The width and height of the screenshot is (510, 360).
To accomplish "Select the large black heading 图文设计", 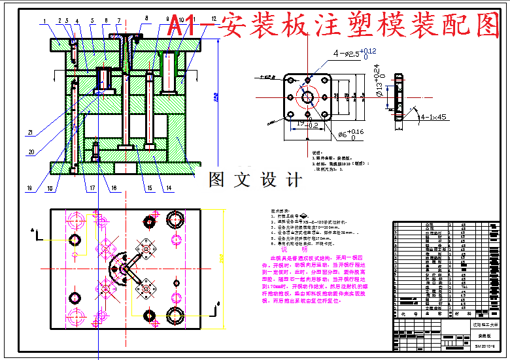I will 255,180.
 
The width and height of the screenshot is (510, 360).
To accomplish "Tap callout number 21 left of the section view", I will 30,133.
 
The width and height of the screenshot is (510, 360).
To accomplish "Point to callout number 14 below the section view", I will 169,189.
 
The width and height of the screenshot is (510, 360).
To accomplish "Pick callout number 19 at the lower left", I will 29,188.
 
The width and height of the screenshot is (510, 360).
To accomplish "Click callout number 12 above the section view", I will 213,19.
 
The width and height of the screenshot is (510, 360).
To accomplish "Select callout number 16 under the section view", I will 115,189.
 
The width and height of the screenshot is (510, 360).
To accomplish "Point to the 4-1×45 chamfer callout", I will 433,118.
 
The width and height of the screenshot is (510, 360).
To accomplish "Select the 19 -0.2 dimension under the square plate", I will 307,123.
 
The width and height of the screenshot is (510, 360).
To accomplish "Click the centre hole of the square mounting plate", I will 306,97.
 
